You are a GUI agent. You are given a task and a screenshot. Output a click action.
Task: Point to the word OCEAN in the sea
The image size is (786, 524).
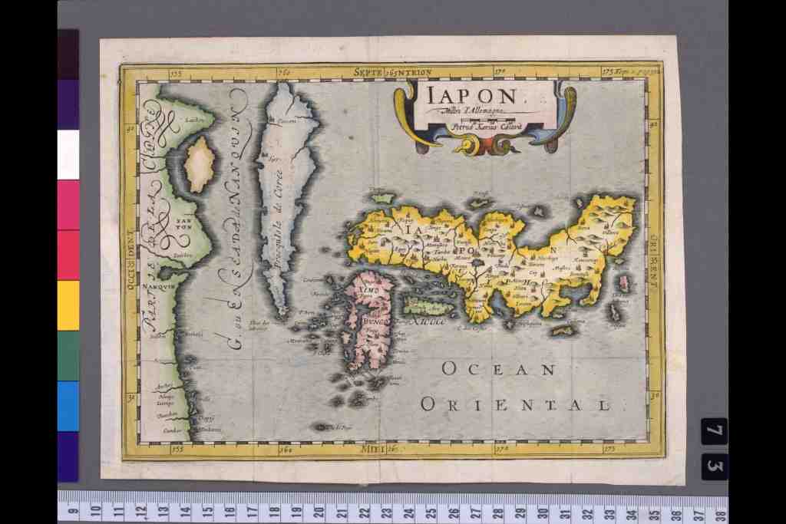coord(498,370)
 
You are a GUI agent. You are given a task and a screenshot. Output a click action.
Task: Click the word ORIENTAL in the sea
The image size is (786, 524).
coord(516,404)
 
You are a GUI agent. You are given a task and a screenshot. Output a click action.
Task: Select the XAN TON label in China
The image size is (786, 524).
coord(183,223)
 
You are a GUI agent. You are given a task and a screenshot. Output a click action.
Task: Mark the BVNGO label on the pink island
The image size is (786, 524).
coord(375,322)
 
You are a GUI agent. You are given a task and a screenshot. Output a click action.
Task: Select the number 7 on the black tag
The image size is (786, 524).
coord(714,431)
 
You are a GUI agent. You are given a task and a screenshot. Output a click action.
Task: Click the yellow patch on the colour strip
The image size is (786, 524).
coord(68,305)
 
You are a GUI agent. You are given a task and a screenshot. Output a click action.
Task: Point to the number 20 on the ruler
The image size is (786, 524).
coord(318,511)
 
